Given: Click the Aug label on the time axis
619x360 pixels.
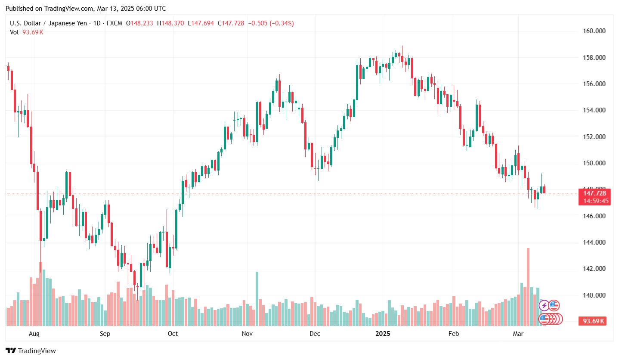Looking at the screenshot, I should point(34,334).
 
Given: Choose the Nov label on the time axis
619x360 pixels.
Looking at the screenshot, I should point(247,334).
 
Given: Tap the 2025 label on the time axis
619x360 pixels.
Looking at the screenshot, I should point(383,334).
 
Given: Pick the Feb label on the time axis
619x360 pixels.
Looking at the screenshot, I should point(454,334).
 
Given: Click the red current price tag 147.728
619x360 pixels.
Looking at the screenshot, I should point(594,193).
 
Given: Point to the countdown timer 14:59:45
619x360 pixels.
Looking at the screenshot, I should point(594,201).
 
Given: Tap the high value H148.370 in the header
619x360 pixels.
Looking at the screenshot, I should point(171,23).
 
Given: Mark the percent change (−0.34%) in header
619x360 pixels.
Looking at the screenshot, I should point(282,23).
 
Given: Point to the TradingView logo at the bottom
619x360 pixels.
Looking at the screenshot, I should point(31,351).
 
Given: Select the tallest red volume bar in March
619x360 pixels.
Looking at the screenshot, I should point(528,286).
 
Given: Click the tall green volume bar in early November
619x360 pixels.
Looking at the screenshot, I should point(257,298).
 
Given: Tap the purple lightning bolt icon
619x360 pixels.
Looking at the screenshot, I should point(544,306).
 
